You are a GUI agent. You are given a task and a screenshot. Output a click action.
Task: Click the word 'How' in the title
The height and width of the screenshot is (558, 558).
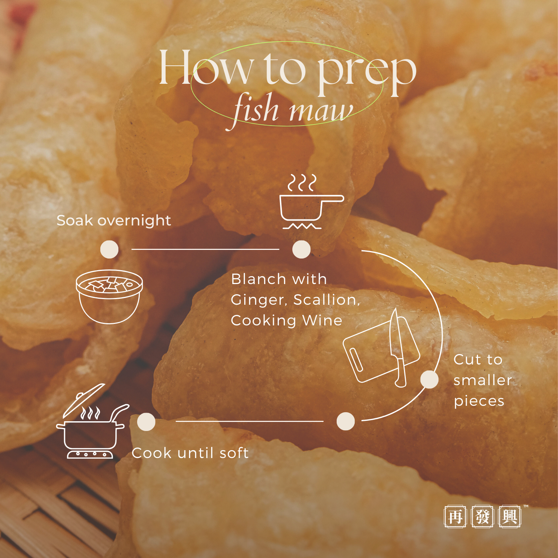(x=206, y=68)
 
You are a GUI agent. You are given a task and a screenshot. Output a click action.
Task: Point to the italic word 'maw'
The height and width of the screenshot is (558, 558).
(x=321, y=111)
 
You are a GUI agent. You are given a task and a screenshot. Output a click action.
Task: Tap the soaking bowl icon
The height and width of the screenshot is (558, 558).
(x=109, y=296)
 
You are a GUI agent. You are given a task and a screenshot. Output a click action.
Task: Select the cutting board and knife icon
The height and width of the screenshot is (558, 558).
(x=382, y=348)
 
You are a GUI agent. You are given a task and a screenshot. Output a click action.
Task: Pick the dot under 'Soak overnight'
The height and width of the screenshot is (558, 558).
(x=109, y=249)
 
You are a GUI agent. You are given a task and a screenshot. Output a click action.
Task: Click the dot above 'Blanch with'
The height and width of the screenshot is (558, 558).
(x=301, y=249)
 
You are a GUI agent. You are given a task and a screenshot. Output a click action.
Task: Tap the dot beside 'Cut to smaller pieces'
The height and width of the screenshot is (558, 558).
(x=429, y=380)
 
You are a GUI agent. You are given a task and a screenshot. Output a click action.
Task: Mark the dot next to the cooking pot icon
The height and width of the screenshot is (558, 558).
(x=146, y=422)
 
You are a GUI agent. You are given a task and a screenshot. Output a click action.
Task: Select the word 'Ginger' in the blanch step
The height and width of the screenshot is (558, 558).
(x=259, y=300)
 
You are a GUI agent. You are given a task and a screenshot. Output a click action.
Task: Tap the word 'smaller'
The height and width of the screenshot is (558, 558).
(x=483, y=380)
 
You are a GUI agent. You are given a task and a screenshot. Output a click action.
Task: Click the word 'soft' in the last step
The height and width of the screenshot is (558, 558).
(x=234, y=453)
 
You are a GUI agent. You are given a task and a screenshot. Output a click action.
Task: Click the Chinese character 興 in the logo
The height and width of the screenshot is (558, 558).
(x=510, y=517)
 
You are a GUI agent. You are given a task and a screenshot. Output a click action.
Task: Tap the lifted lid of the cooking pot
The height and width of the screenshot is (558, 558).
(x=84, y=400)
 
